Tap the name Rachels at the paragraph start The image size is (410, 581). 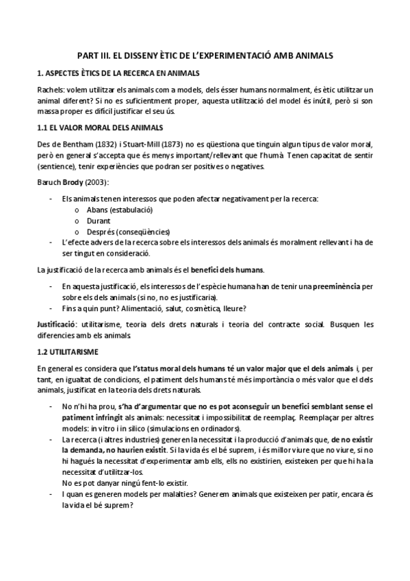[x=49, y=90]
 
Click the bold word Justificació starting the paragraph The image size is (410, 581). [x=57, y=323]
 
